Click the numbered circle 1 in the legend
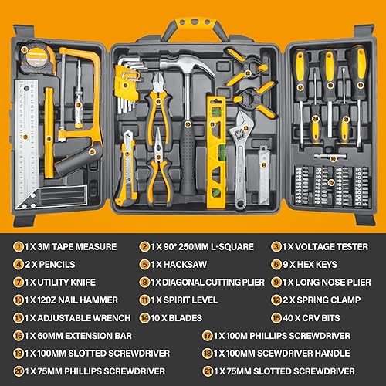click(17, 247)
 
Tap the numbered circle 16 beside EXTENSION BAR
click(17, 335)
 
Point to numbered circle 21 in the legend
click(207, 370)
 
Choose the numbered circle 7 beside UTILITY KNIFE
click(17, 282)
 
